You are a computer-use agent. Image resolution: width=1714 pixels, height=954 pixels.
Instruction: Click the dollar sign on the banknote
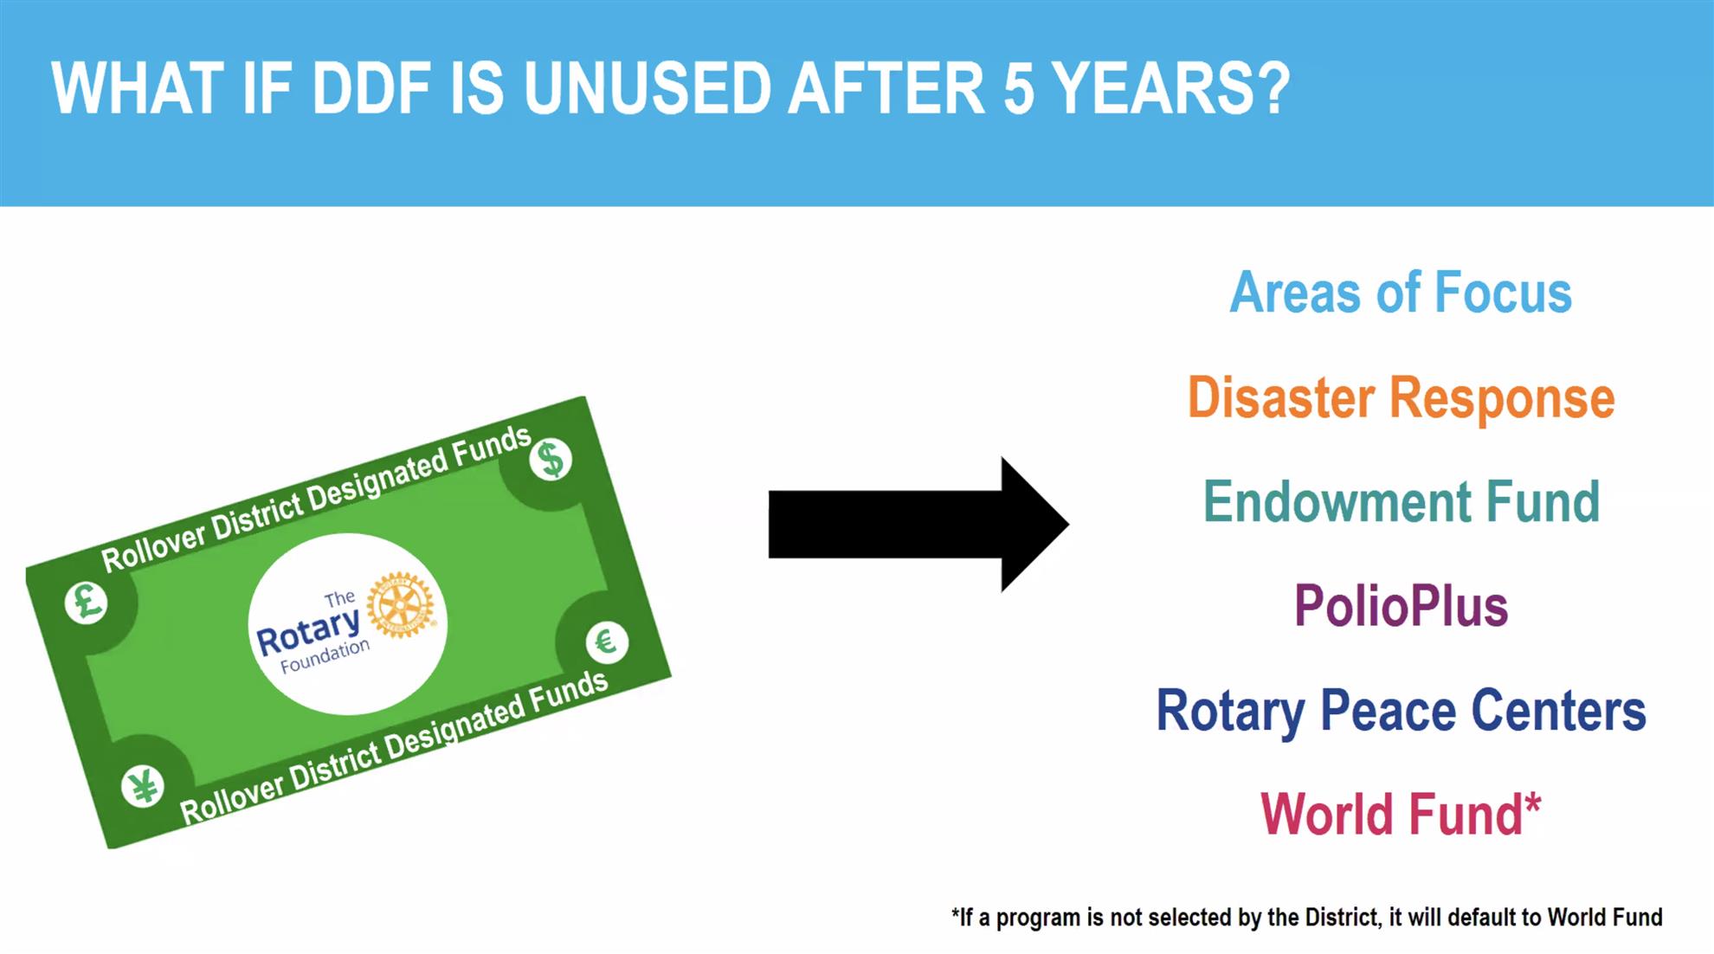click(551, 459)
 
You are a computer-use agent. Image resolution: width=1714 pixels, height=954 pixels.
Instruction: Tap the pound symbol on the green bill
click(87, 602)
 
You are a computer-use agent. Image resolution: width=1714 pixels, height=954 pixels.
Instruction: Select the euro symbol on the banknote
click(606, 641)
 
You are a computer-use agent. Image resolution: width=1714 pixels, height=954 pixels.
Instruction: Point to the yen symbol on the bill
click(143, 787)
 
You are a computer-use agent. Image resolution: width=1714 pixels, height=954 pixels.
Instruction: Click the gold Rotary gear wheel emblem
click(400, 604)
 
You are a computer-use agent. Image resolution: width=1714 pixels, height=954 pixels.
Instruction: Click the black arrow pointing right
click(918, 524)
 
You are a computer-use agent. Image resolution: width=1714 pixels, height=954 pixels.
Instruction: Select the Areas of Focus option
click(1401, 293)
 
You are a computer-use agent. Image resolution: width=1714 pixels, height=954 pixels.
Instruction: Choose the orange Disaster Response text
click(1401, 398)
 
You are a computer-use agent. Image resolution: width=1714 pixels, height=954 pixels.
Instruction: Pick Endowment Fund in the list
click(1401, 502)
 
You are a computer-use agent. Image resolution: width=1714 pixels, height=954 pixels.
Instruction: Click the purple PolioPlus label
click(1401, 606)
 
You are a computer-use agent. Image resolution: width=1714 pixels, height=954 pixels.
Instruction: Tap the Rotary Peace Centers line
click(1401, 712)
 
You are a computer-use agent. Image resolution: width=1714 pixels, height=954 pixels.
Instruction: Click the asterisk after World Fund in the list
click(1532, 804)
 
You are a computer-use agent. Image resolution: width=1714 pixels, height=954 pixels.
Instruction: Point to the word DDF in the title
click(371, 88)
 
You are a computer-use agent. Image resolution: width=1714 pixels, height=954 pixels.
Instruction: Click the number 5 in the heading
click(1019, 88)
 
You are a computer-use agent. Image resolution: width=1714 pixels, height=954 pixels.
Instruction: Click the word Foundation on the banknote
click(325, 656)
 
